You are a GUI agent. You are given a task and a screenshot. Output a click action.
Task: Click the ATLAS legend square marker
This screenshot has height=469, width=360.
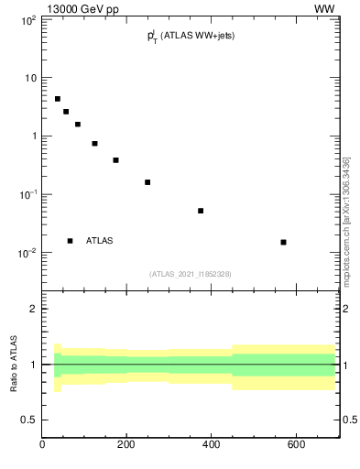point(70,241)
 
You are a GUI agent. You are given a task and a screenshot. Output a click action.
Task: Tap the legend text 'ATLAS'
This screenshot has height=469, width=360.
point(100,241)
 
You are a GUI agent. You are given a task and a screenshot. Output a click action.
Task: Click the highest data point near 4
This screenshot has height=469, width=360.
point(57,99)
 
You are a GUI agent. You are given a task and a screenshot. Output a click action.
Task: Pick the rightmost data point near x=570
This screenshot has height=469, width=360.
point(283,242)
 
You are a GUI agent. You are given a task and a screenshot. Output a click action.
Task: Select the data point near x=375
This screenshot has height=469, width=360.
point(201,211)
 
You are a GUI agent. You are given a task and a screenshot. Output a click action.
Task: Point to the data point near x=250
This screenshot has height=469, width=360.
point(147,182)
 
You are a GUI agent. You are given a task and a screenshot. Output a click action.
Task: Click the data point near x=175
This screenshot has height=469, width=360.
point(115,160)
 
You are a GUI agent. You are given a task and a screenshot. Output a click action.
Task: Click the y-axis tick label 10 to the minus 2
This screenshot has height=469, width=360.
point(26,254)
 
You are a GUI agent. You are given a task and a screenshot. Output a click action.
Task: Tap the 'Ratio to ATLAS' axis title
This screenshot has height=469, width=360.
point(15,364)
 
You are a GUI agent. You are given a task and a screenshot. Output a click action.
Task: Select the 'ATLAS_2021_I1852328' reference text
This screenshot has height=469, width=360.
point(191,274)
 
